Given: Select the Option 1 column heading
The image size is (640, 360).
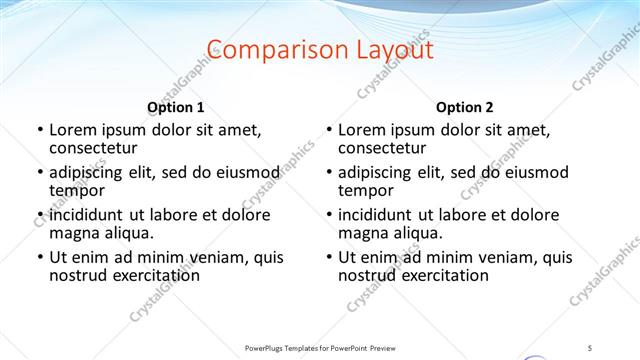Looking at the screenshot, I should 175,107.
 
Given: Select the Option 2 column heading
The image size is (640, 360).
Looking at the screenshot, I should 465,107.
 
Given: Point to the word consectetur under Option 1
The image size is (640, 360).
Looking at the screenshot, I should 93,148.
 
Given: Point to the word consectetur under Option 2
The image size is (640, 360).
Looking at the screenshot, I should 382,148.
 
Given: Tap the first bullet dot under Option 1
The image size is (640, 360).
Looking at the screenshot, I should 39,131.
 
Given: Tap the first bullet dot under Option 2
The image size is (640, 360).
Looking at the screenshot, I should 328,131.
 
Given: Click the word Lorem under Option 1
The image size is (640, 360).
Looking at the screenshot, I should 73,130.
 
